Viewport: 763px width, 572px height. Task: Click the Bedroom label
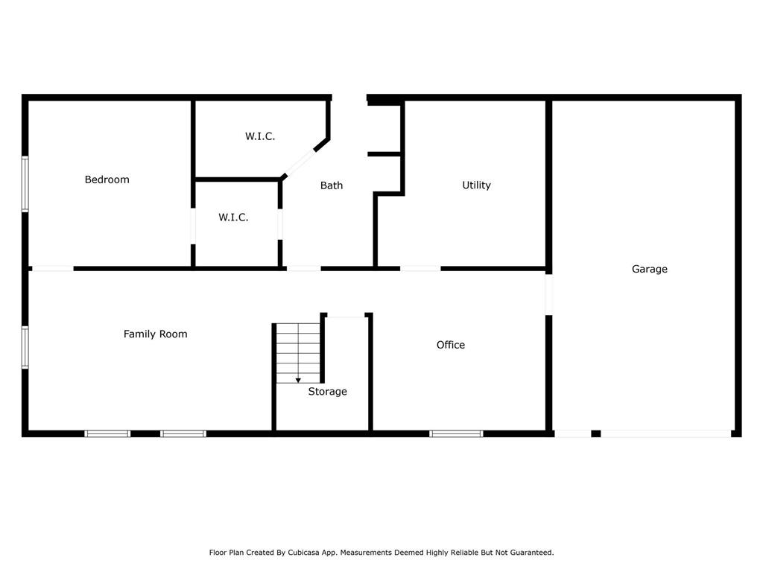(107, 179)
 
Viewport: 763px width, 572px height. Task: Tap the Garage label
(650, 269)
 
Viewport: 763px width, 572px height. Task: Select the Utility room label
(476, 185)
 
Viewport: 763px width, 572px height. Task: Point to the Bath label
(332, 185)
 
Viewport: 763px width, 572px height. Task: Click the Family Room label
(155, 334)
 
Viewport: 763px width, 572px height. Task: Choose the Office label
(451, 345)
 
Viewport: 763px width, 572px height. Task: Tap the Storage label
(328, 392)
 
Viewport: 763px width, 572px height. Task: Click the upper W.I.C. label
(260, 136)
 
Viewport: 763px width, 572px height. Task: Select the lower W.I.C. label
(233, 217)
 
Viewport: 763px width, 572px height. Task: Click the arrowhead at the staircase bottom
(298, 381)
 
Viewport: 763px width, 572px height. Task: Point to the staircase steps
(298, 353)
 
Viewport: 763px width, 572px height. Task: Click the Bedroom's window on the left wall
(25, 184)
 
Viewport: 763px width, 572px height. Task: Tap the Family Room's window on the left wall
(25, 347)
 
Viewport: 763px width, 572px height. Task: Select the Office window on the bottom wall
(456, 434)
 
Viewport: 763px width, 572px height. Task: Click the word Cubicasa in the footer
(305, 553)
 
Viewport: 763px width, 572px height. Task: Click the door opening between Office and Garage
(549, 294)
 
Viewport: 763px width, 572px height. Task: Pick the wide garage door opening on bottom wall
(665, 434)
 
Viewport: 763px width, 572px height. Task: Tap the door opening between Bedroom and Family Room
(53, 268)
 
